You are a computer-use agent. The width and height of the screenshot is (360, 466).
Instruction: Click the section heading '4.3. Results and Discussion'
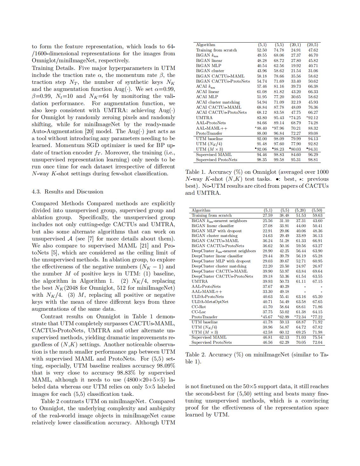(67, 192)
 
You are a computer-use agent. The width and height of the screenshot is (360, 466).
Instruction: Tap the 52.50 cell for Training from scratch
(262, 50)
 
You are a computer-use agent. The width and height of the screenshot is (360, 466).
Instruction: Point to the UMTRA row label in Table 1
(204, 118)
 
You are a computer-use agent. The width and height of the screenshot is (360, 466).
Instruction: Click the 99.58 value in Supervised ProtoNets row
(279, 160)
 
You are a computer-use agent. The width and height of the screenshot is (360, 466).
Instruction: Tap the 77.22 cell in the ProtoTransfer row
(317, 317)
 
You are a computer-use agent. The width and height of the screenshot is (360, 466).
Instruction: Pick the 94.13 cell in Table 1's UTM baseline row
(313, 139)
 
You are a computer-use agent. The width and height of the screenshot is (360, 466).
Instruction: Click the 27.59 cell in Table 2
(268, 215)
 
